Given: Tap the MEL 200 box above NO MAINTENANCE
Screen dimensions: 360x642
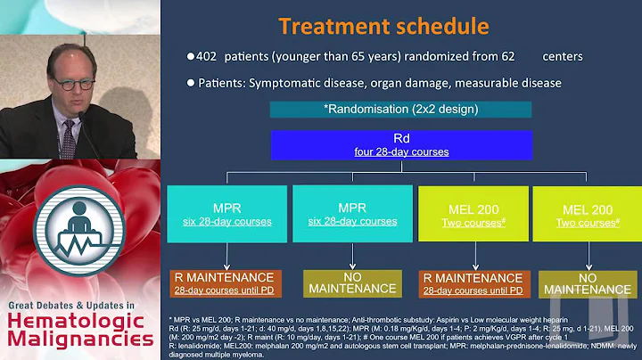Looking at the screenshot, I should tap(584, 213).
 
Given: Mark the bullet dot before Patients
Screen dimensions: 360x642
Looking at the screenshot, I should tap(190, 83).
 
